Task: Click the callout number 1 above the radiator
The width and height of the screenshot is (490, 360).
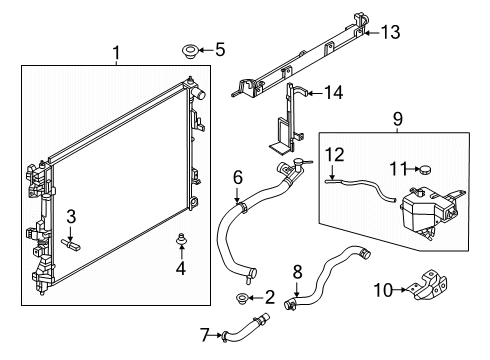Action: tap(116, 50)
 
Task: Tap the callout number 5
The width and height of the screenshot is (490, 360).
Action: tap(219, 47)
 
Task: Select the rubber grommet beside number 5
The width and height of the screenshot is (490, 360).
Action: tap(189, 48)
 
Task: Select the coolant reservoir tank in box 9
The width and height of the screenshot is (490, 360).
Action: tap(426, 213)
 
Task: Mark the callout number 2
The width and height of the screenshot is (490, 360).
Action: tap(269, 298)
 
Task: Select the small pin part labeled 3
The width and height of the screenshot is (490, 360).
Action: tap(72, 241)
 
